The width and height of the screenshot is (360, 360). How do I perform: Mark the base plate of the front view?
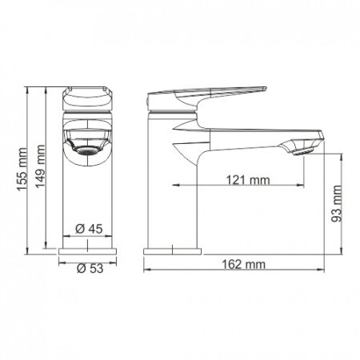tap(88, 251)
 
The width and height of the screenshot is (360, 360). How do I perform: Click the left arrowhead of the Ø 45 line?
tap(65, 236)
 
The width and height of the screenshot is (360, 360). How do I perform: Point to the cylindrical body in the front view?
tap(88, 200)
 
